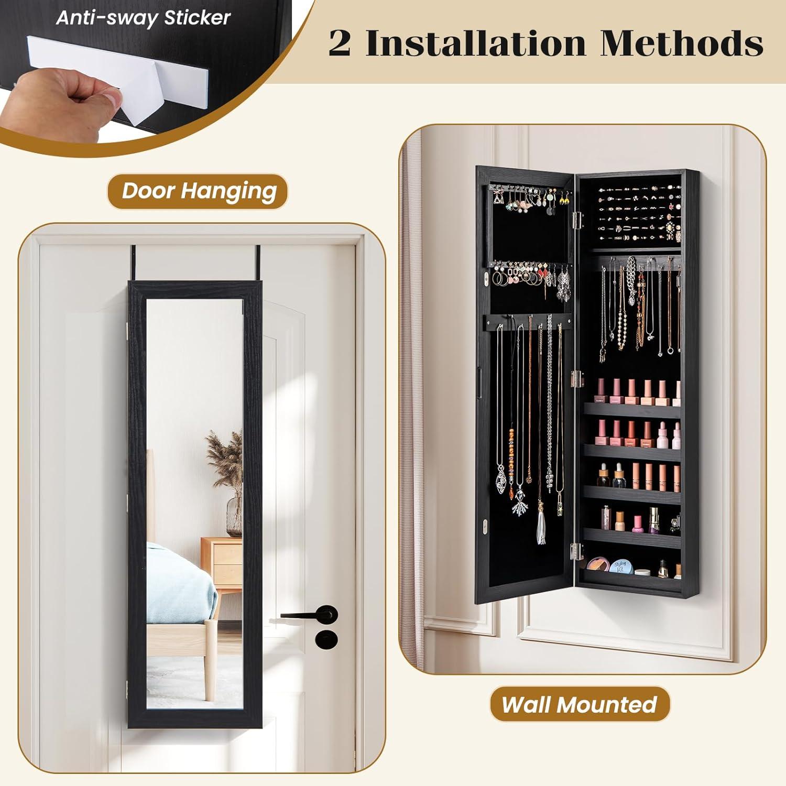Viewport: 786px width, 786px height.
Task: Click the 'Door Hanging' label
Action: coord(199,191)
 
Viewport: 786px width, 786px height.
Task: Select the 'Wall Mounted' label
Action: coord(580,704)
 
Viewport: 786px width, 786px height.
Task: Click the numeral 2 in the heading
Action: coord(340,43)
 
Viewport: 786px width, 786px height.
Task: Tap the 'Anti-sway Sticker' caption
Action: coord(143,18)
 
